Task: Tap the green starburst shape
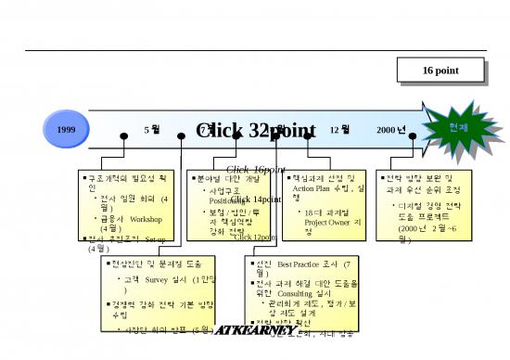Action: pos(457,125)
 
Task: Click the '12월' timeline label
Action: pos(339,130)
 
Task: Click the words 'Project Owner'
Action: pos(315,223)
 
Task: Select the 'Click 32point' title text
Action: pos(256,131)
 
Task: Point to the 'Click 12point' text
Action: pos(255,238)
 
